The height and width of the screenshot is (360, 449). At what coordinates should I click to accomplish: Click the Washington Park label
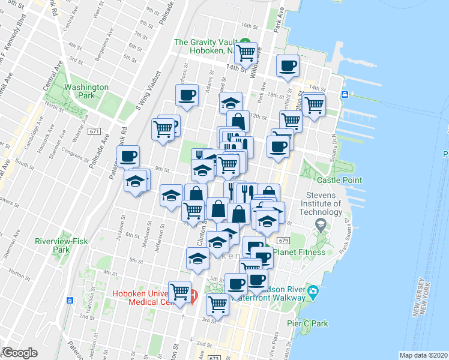click(86, 91)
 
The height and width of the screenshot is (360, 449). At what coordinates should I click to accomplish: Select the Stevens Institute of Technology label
click(324, 204)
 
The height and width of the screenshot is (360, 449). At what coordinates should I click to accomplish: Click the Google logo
click(19, 353)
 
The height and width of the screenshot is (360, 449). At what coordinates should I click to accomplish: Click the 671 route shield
click(93, 131)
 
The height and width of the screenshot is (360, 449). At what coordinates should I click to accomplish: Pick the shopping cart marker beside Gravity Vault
click(246, 53)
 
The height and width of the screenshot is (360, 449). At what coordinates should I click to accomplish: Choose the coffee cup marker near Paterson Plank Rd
click(128, 157)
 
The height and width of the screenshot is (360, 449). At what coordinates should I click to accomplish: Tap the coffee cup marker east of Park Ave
click(288, 65)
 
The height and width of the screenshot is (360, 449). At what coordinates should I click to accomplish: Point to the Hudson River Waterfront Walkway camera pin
click(312, 292)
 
